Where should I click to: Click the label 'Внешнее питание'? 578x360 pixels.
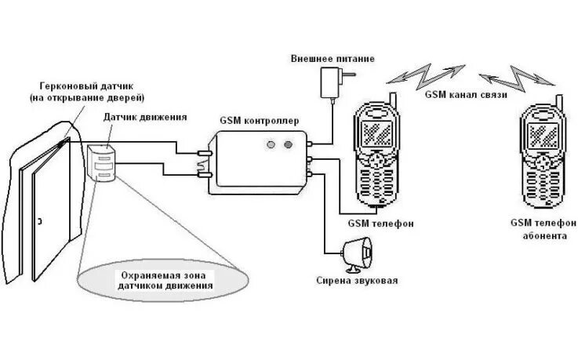click(x=332, y=59)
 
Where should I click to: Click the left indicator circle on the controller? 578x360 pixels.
click(x=271, y=145)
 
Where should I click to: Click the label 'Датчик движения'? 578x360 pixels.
click(x=145, y=117)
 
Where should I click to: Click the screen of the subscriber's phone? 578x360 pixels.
click(x=541, y=129)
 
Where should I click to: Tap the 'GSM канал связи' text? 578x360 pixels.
click(x=465, y=94)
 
